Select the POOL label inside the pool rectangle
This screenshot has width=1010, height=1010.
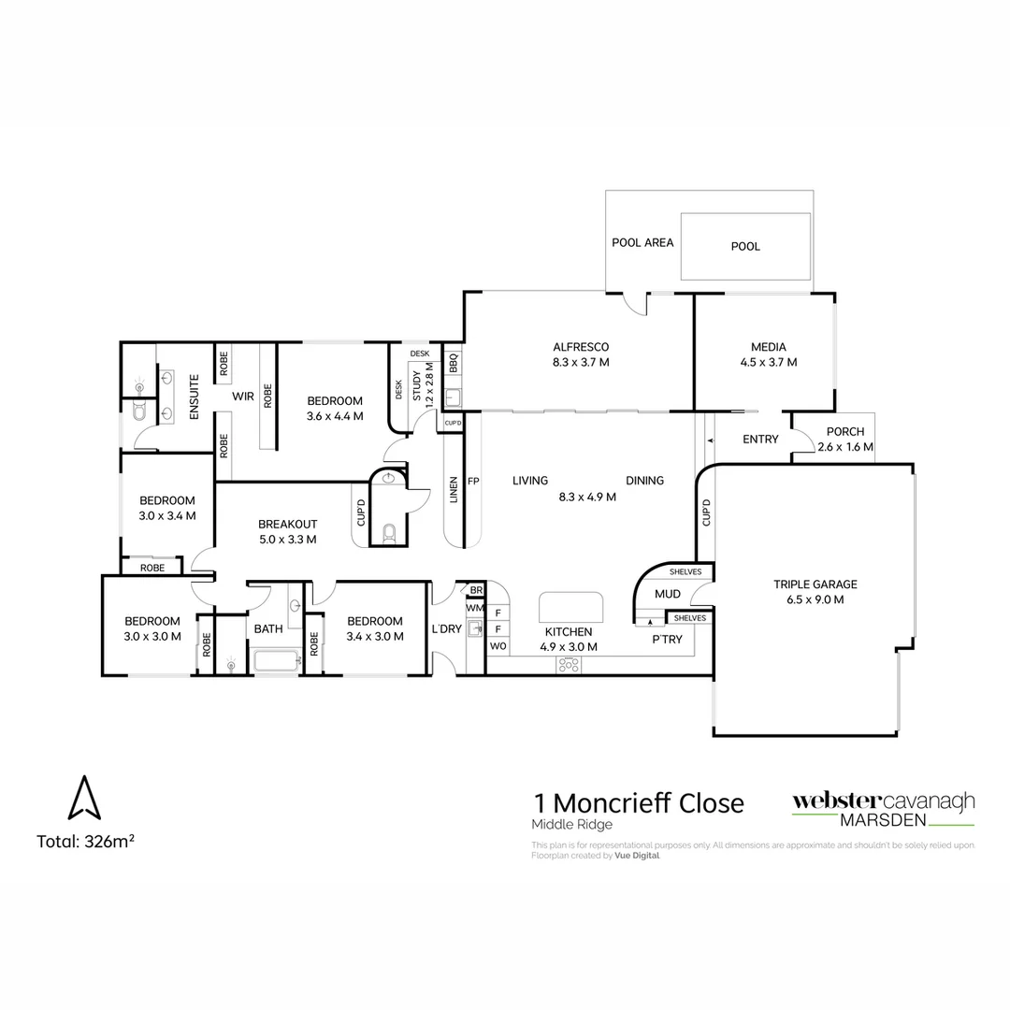click(x=745, y=247)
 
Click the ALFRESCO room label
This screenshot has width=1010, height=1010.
click(x=580, y=347)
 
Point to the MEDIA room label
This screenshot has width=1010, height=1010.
click(x=768, y=347)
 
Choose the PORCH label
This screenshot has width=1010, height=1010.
click(x=845, y=432)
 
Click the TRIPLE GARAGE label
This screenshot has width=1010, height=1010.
click(x=815, y=584)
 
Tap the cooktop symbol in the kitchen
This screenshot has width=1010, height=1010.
click(x=569, y=664)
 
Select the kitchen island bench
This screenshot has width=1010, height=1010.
click(x=570, y=606)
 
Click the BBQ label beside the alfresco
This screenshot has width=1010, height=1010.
click(x=453, y=362)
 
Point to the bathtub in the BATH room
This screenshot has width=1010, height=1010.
click(x=276, y=661)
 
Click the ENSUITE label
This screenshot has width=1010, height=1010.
click(x=195, y=397)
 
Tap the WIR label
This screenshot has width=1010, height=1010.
click(x=243, y=397)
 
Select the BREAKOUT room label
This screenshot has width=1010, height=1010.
click(x=288, y=524)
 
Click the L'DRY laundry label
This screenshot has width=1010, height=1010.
click(x=446, y=629)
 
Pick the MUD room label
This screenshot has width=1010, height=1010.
click(x=667, y=594)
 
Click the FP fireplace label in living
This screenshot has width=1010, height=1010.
click(x=473, y=482)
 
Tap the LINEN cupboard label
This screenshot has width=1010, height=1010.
click(x=454, y=488)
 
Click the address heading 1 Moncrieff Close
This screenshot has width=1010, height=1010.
click(x=638, y=802)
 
